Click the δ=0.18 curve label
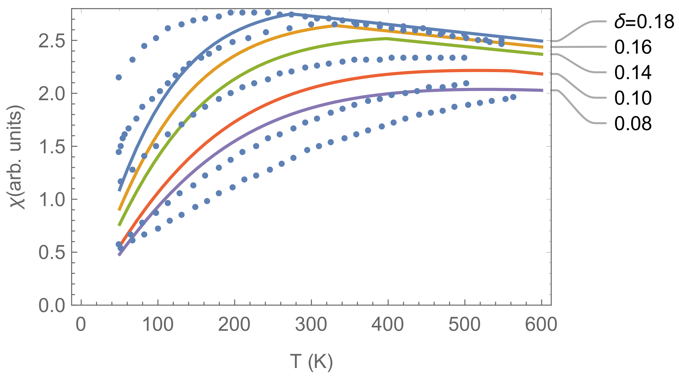[644, 21]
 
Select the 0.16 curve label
[633, 47]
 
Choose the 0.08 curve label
[633, 123]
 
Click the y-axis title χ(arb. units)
[18, 157]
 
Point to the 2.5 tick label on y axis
[52, 41]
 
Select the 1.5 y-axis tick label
[52, 147]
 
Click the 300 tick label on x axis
[311, 325]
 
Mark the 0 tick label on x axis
[81, 325]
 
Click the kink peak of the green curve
[386, 39]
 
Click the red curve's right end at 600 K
[542, 74]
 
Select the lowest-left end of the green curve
[119, 225]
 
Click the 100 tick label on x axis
[158, 325]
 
